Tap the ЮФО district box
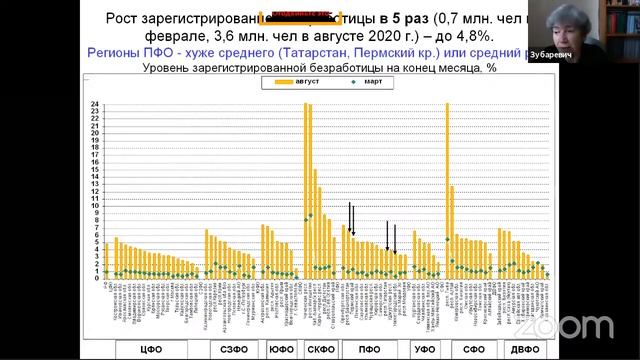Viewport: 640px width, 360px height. click(280, 349)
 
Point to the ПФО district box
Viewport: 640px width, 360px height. click(370, 349)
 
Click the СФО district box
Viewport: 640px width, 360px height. click(475, 349)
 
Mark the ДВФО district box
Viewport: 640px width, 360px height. click(522, 349)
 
